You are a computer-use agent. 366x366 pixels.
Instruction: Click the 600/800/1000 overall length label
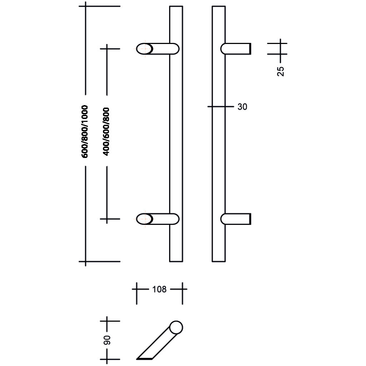point(85,131)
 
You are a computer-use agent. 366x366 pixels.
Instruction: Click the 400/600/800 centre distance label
point(106,131)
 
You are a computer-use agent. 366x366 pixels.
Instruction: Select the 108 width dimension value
point(159,289)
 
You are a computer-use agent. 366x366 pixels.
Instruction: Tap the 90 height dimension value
point(107,340)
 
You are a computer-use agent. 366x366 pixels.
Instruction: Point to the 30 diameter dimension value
point(242,107)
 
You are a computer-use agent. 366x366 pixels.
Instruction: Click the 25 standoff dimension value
point(281,71)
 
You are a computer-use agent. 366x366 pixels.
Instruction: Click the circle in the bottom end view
point(176,327)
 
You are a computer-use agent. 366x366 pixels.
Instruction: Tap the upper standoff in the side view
point(236,49)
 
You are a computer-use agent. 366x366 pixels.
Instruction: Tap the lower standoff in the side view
point(236,219)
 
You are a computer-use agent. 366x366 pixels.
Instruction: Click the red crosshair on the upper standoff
point(145,49)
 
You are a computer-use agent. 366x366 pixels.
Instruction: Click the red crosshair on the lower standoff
point(145,219)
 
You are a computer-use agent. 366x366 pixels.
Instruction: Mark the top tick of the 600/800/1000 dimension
point(85,6)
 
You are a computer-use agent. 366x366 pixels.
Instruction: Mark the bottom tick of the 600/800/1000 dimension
point(85,261)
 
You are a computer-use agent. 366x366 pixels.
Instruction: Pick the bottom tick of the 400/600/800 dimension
point(107,219)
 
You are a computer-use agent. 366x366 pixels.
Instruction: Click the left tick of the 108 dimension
point(137,289)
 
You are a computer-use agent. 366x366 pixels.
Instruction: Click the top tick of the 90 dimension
point(107,321)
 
